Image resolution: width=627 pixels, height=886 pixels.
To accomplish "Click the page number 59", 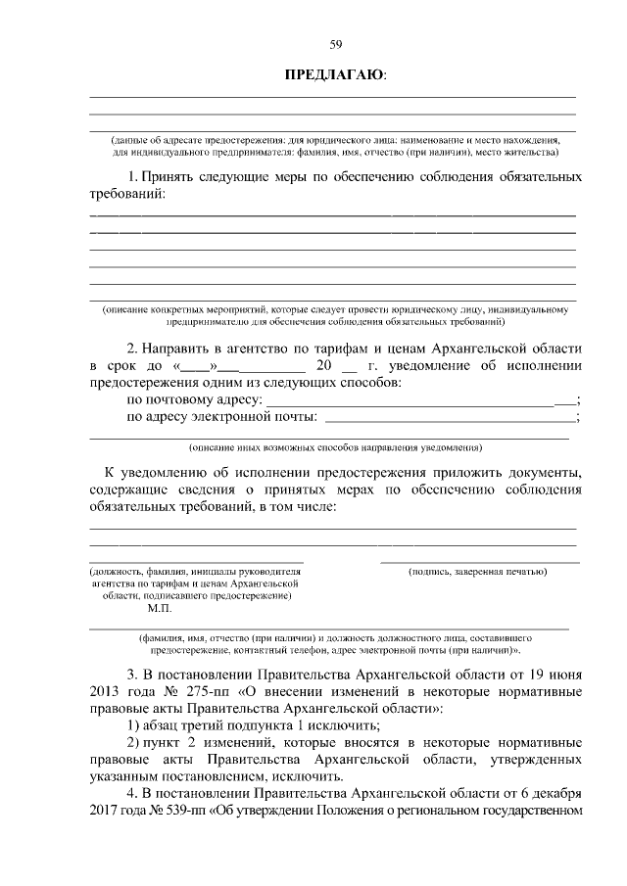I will pos(335,44).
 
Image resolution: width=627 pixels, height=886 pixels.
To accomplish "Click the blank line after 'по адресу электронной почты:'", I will pos(450,419).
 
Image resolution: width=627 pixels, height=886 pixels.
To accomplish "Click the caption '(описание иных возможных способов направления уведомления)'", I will pos(335,447).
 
